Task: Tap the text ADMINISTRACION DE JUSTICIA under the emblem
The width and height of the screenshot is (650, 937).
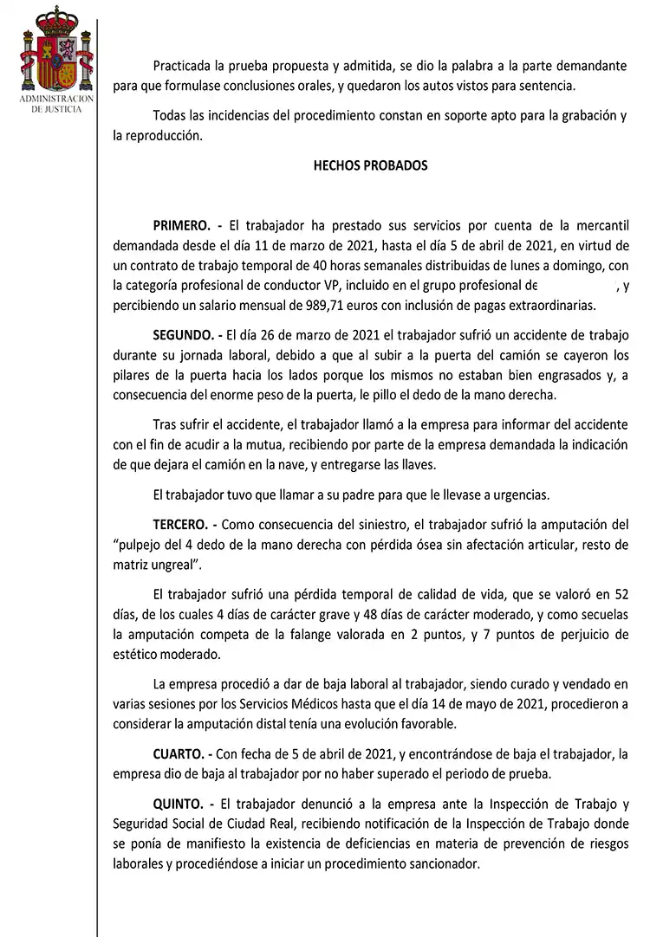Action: click(56, 105)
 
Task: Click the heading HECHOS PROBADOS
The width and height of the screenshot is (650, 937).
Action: click(370, 165)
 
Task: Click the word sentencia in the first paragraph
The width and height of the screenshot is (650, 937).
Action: click(548, 86)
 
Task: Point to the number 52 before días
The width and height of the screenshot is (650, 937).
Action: click(620, 594)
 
